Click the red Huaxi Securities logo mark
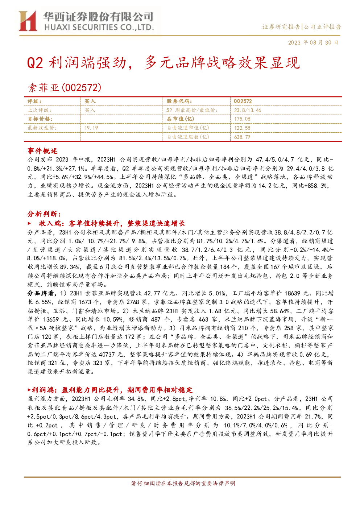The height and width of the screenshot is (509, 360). [28, 21]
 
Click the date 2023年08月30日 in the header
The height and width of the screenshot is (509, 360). [313, 42]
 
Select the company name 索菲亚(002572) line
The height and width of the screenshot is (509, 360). [65, 88]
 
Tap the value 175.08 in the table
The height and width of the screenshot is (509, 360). [242, 119]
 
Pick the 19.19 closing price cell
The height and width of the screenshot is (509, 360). [91, 128]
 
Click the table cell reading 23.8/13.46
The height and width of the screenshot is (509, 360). [248, 110]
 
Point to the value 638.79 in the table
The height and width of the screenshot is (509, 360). [242, 137]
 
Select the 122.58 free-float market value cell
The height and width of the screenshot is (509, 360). [242, 128]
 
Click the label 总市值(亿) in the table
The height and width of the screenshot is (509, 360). [181, 119]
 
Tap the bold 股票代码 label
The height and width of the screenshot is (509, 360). [179, 102]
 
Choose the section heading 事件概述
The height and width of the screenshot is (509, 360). [42, 151]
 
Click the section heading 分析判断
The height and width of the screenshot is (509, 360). [44, 214]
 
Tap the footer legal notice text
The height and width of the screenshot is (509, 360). [183, 483]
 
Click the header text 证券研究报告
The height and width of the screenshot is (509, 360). [281, 27]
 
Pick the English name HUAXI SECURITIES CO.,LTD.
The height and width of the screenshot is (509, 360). [99, 28]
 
